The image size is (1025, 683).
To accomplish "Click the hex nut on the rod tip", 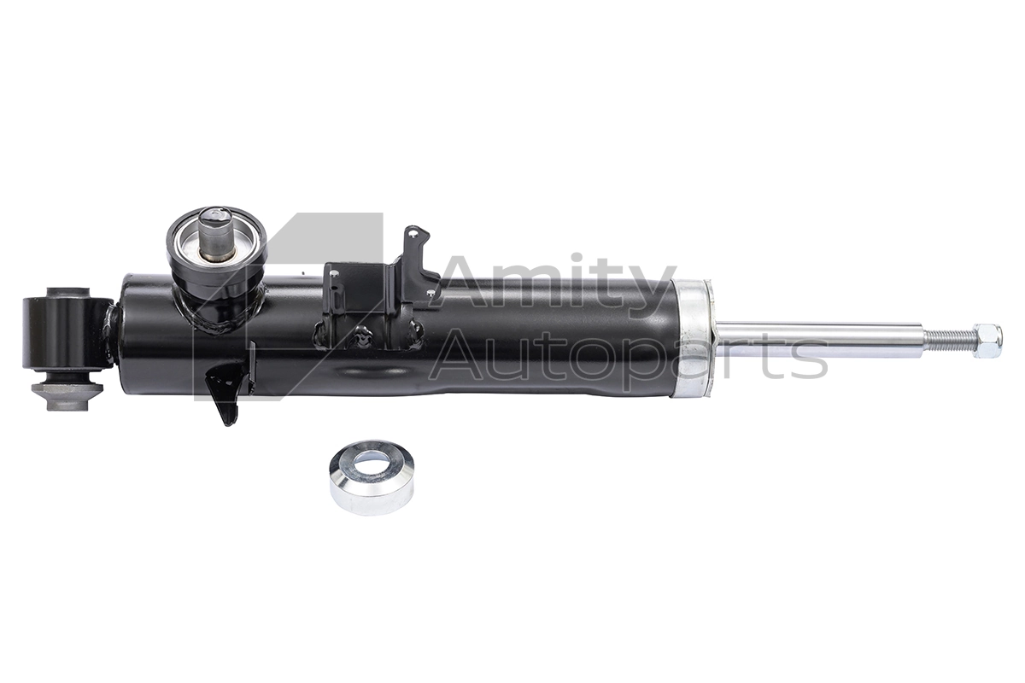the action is (987, 341).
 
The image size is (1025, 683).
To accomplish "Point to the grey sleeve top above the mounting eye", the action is (67, 293).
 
